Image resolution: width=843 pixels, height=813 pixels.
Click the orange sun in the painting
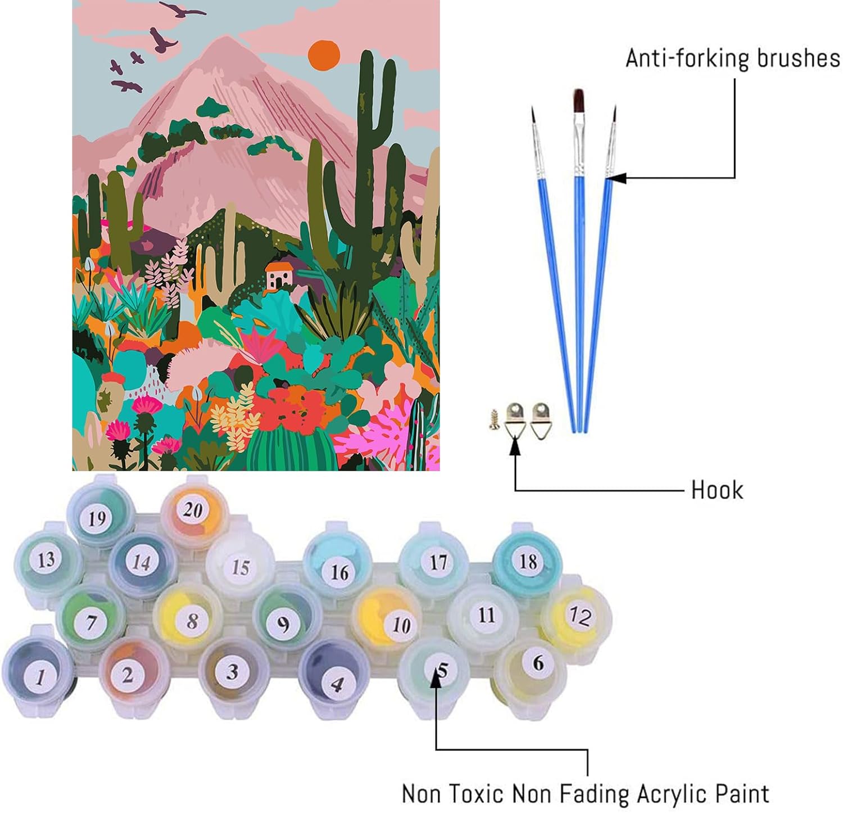pos(324,55)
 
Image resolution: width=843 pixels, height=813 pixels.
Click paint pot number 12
pos(577,615)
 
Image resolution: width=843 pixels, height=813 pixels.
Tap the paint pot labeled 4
pos(336,681)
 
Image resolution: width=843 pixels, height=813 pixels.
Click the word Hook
pos(717,490)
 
